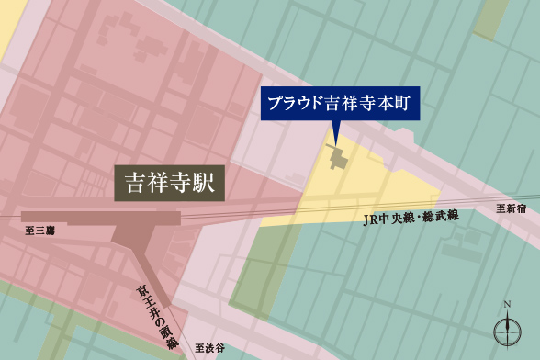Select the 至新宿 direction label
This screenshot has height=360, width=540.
click(512, 208)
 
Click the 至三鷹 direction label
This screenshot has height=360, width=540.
click(39, 231)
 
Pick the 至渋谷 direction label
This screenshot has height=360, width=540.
click(210, 348)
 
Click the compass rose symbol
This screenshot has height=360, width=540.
click(507, 330)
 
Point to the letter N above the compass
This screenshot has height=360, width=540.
click(507, 305)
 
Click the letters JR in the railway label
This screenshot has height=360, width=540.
click(369, 220)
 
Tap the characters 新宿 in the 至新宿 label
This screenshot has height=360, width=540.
click(517, 208)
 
